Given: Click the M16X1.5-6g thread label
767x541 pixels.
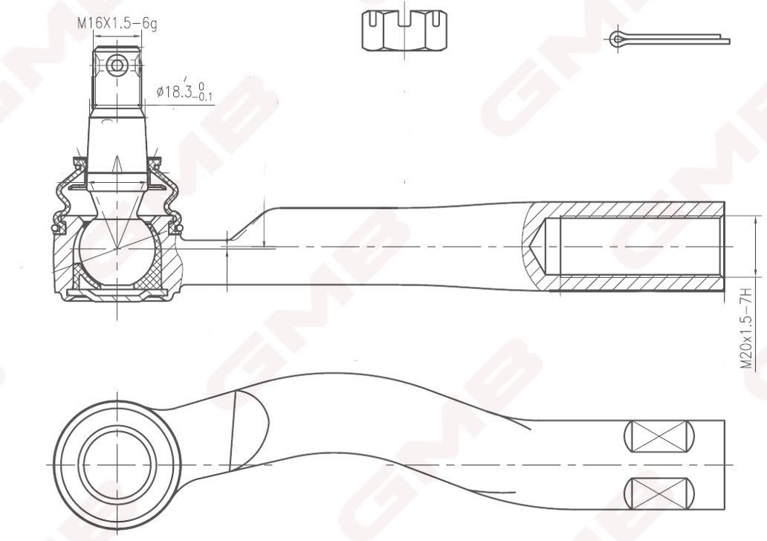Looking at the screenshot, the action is point(117,24).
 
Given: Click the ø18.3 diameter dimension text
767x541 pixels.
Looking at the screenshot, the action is point(184,92).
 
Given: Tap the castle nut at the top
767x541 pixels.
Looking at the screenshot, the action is point(404,30).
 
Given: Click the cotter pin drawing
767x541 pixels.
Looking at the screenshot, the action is point(670,39).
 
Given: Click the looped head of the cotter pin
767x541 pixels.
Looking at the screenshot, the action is point(618,39).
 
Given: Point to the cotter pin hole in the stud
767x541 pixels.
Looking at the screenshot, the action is point(117,65).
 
